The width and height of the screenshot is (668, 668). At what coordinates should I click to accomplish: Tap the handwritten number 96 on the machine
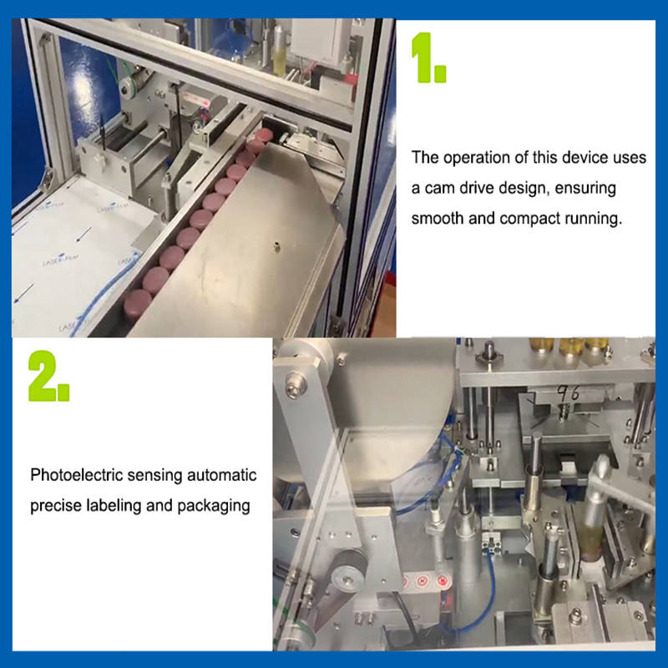[x=569, y=393]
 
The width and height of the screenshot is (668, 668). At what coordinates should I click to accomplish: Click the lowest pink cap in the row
[x=137, y=304]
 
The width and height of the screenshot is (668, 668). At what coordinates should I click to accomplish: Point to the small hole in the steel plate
[x=277, y=246]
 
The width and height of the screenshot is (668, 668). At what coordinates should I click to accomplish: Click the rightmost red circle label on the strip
[x=443, y=580]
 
